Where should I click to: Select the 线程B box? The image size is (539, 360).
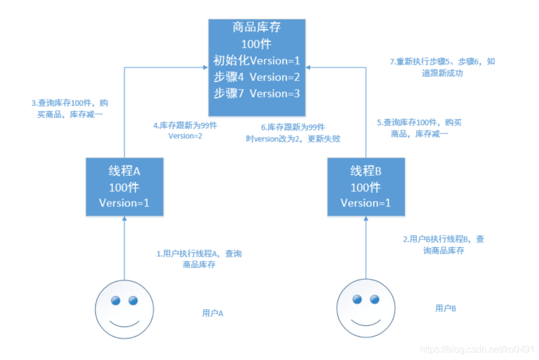[365, 186]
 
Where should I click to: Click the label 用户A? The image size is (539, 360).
[213, 313]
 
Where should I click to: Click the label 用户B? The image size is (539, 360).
[445, 308]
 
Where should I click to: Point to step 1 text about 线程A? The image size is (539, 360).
[199, 259]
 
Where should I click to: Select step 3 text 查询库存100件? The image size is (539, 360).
[69, 108]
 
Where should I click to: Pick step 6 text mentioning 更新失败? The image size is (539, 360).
[293, 132]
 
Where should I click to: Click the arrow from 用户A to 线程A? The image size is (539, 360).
[124, 247]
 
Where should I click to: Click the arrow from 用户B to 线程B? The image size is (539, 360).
[365, 247]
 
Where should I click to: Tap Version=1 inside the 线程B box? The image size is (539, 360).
[365, 203]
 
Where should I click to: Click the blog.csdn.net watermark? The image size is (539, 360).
[477, 349]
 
